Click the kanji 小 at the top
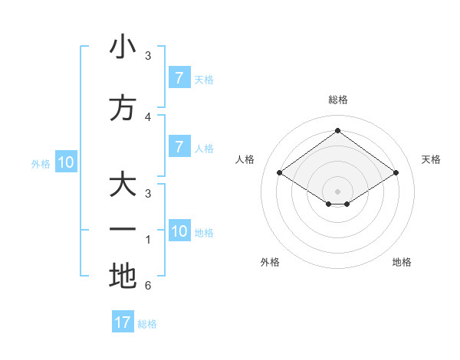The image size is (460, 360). coord(123,47)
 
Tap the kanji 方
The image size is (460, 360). coord(123,108)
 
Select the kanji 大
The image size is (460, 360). coord(123,186)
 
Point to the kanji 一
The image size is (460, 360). coord(123,230)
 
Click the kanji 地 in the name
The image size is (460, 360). coord(123,276)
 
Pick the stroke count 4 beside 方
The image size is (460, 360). coord(148,116)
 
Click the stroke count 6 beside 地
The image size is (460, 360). coord(148,286)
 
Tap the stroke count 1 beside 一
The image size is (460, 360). coord(148,240)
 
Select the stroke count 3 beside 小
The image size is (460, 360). coord(148,55)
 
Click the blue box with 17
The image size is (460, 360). coord(123,322)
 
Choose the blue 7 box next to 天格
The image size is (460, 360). coord(179,78)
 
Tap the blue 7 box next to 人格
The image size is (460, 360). coord(179,147)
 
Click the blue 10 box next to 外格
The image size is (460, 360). coord(66,162)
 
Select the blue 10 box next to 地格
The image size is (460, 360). coord(179,231)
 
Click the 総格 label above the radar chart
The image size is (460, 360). coord(338,100)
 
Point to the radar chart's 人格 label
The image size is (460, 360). coord(245,159)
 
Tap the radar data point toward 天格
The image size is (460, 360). coord(396,173)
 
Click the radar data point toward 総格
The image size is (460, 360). coord(337,131)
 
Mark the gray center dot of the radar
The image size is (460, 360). coord(337,191)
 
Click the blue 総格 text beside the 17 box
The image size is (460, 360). coord(147,324)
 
